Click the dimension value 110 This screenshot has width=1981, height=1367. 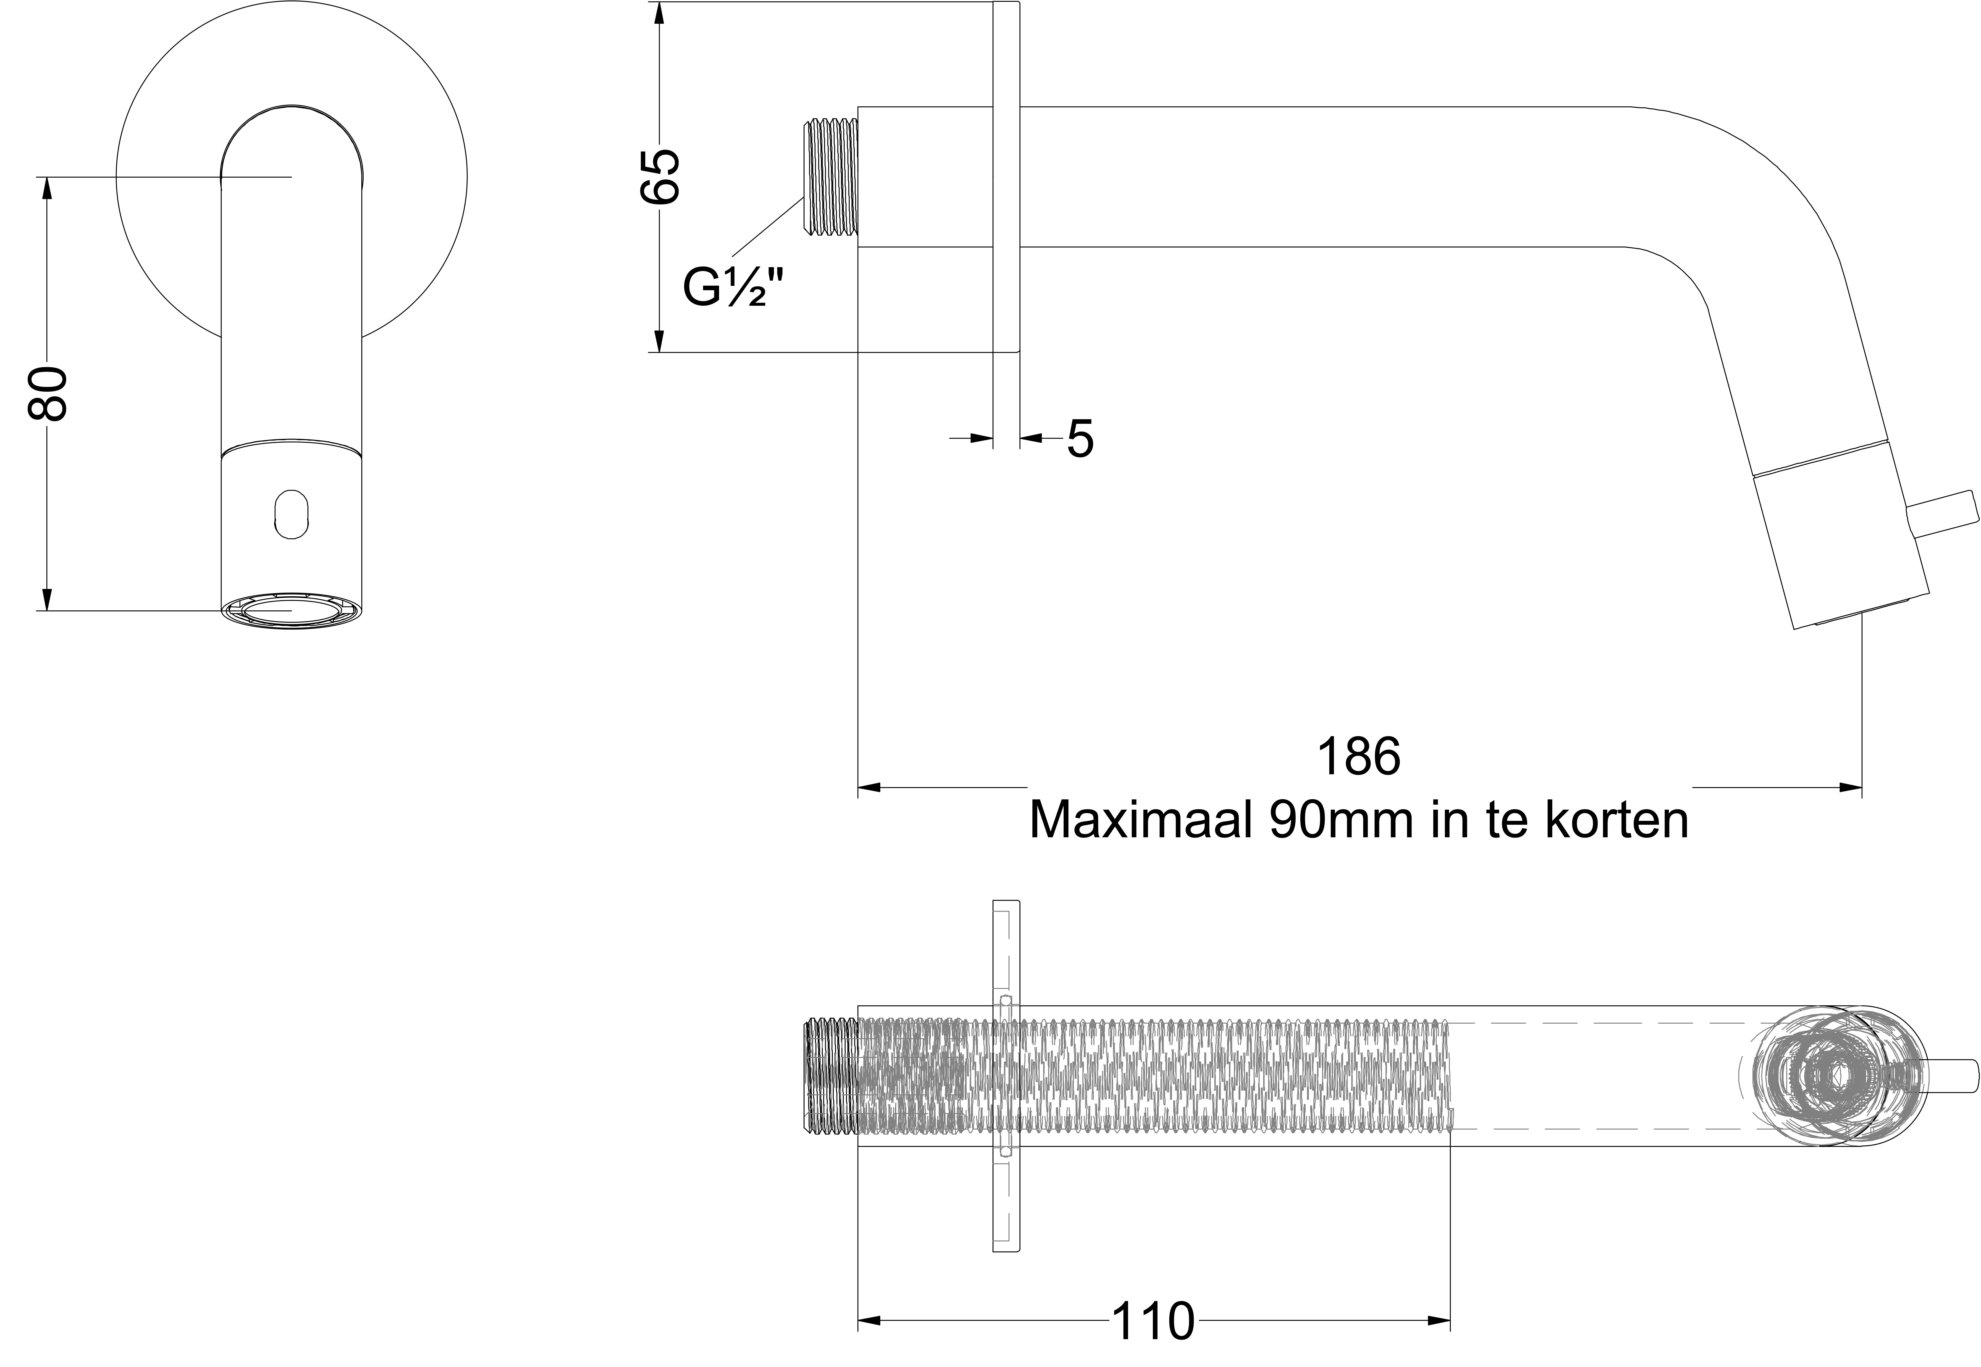pos(1153,1322)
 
